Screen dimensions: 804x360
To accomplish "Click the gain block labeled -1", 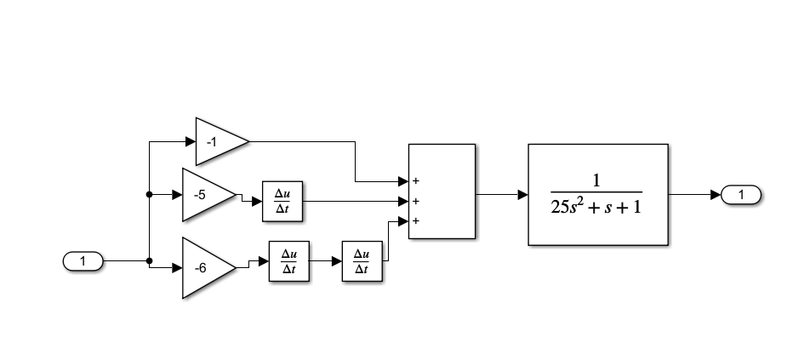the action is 218,141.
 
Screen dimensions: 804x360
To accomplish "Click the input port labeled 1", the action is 83,261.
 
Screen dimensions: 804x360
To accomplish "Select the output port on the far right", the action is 741,195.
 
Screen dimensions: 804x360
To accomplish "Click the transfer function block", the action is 598,195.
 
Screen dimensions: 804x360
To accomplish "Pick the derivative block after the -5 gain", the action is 282,202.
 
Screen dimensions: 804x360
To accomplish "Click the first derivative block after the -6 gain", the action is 289,261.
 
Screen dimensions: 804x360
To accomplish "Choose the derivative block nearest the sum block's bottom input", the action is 362,261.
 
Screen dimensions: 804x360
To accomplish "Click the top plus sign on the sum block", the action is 416,181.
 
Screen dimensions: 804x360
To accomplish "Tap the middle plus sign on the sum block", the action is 416,202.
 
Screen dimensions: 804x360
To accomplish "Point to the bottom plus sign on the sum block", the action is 416,221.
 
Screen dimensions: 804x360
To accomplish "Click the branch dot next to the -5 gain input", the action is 149,195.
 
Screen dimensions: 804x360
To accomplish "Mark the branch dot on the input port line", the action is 149,261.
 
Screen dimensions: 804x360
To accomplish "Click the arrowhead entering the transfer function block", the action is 523,195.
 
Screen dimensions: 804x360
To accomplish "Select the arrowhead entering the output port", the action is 716,195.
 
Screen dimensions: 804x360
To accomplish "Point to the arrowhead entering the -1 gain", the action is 191,141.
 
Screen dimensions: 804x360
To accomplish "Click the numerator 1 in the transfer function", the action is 596,180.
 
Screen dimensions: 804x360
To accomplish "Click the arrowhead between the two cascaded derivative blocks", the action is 337,261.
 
